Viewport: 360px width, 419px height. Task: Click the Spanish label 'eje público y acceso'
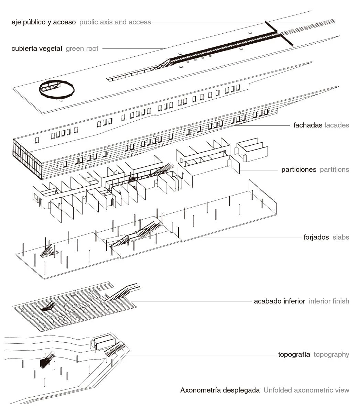pos(43,22)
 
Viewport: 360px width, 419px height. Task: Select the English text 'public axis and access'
pos(115,22)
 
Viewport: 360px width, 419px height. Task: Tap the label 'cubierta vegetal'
pos(37,48)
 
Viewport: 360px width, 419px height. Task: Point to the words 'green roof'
pos(82,48)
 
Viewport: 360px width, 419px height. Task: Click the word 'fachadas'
pos(308,125)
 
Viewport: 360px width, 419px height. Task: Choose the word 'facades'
pos(337,125)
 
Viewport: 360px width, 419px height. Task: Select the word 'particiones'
pos(299,169)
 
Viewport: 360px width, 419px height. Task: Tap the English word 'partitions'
pos(335,169)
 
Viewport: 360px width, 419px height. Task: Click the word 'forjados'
pos(316,237)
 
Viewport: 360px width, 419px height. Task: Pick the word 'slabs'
pos(341,237)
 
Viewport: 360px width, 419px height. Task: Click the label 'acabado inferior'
pos(280,301)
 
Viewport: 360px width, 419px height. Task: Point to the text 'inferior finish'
pos(329,301)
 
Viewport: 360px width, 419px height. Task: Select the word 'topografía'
pos(294,354)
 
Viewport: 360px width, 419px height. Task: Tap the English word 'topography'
pos(331,354)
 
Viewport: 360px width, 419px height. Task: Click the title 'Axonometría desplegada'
pos(220,390)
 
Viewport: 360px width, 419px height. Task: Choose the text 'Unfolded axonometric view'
pos(306,390)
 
